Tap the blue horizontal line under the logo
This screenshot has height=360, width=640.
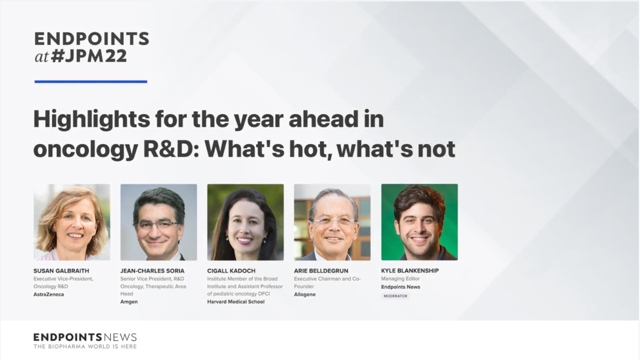91,82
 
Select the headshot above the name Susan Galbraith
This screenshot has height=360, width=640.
72,222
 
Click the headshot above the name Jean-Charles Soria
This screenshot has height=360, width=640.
159,222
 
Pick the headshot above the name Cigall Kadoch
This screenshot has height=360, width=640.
246,222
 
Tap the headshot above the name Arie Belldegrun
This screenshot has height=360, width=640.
332,222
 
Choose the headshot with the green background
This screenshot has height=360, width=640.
419,222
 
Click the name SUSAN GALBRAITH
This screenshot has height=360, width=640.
61,271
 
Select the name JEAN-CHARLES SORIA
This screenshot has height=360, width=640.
152,271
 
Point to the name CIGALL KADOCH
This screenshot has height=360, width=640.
231,271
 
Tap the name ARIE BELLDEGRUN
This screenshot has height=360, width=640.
321,271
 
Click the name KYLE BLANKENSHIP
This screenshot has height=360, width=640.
410,271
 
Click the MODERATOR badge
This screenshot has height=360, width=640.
395,296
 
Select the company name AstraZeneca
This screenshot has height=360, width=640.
49,294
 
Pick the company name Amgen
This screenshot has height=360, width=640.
129,302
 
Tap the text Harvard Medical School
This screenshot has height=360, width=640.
236,302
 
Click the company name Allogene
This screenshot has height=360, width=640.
305,294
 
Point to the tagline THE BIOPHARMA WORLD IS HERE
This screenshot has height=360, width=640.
85,347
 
